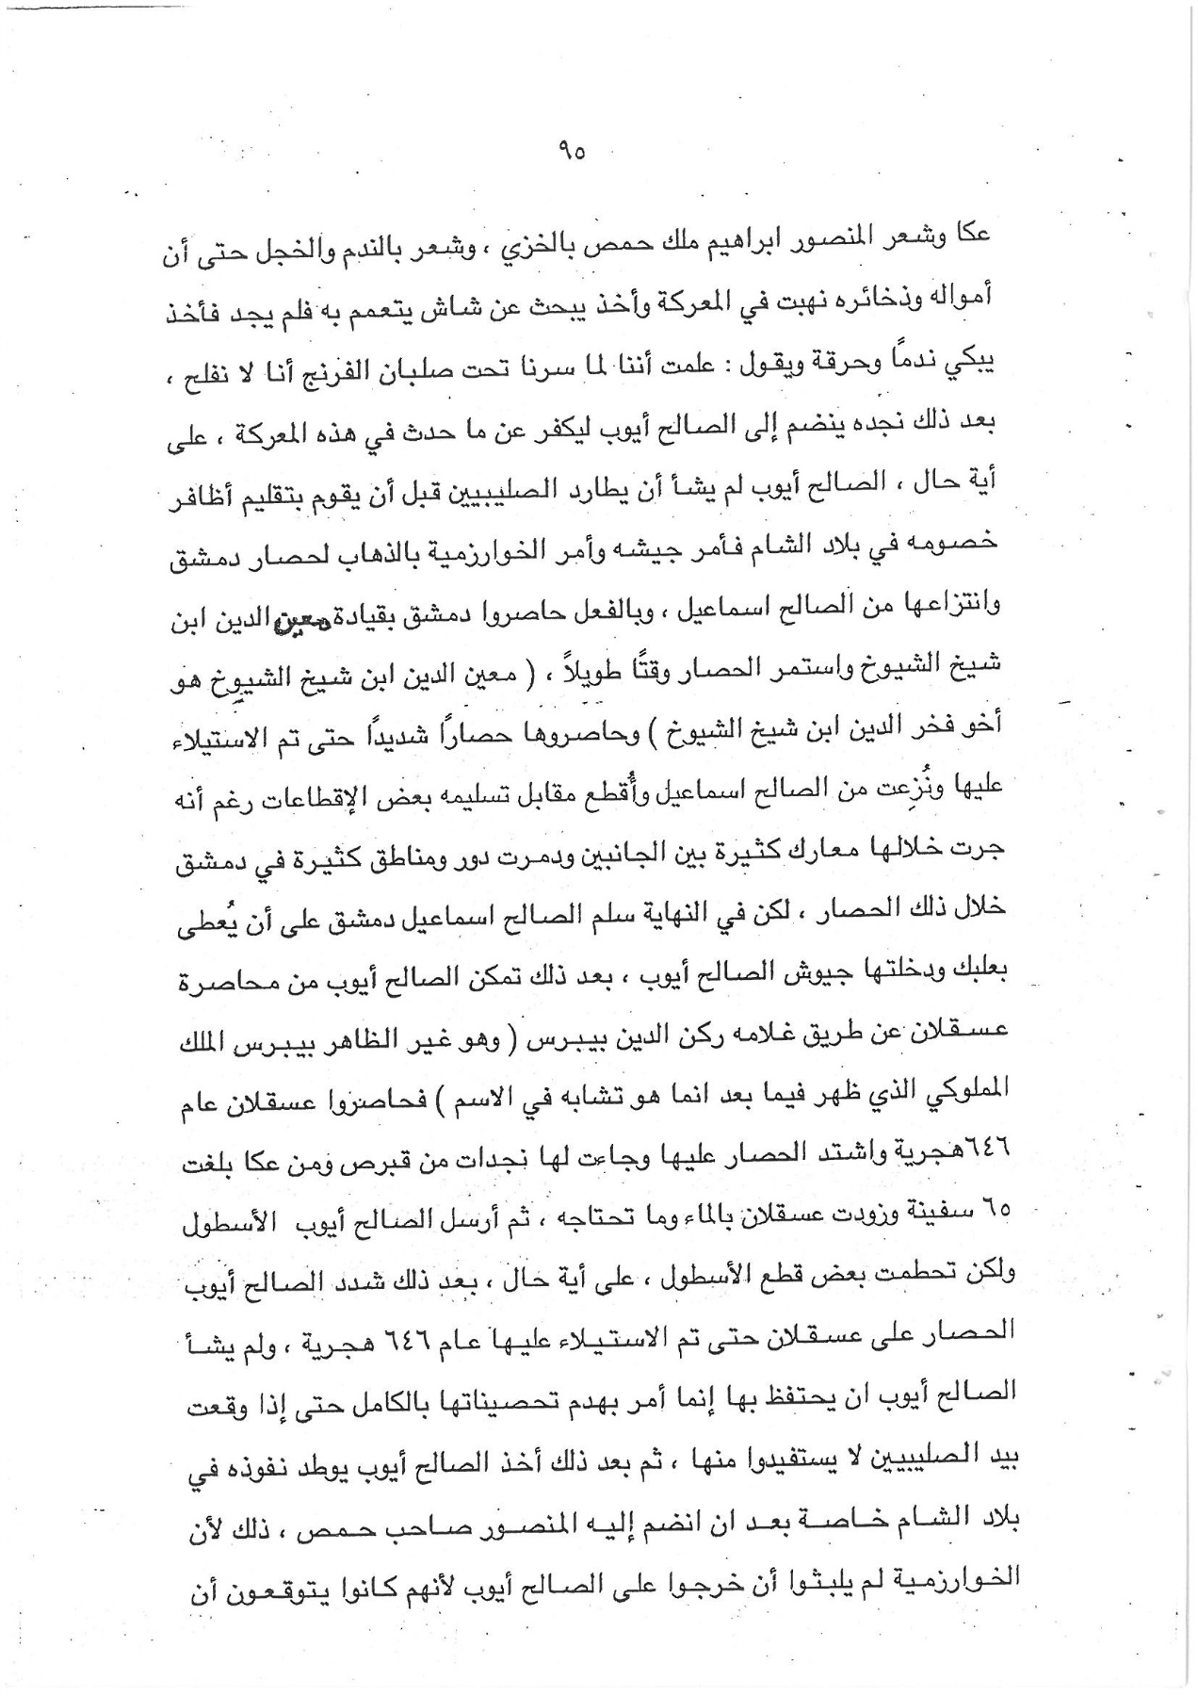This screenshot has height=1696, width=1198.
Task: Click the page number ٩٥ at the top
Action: [x=571, y=152]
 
